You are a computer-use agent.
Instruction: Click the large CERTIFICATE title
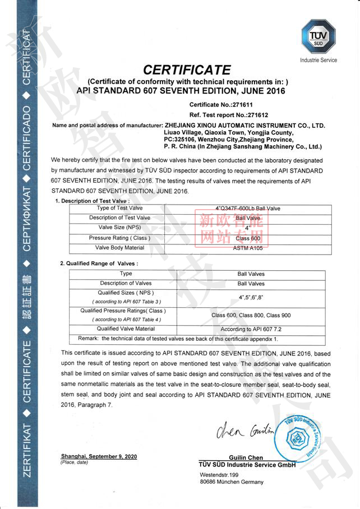tap(187, 70)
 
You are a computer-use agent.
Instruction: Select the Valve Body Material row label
tap(120, 247)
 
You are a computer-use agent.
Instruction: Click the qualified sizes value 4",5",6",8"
tap(251, 296)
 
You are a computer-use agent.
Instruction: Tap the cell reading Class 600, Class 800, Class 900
tap(251, 315)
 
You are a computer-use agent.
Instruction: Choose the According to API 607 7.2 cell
tap(251, 329)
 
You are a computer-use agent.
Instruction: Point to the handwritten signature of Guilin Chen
tap(241, 432)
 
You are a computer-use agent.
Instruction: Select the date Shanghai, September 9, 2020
tap(99, 457)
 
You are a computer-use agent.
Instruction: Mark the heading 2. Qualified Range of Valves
tap(99, 263)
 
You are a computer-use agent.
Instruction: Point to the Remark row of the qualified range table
tap(178, 339)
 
